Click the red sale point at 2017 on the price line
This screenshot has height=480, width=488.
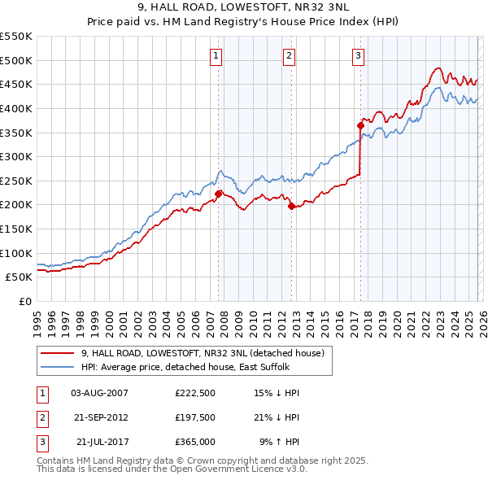(x=360, y=125)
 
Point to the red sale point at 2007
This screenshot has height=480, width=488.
(x=218, y=194)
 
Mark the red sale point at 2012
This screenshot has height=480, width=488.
(x=292, y=206)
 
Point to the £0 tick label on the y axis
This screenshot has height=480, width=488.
(x=24, y=301)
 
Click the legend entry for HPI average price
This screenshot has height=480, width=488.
(x=179, y=366)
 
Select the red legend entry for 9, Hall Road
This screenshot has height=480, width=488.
(x=203, y=353)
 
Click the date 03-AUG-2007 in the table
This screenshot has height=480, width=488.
(x=99, y=393)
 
